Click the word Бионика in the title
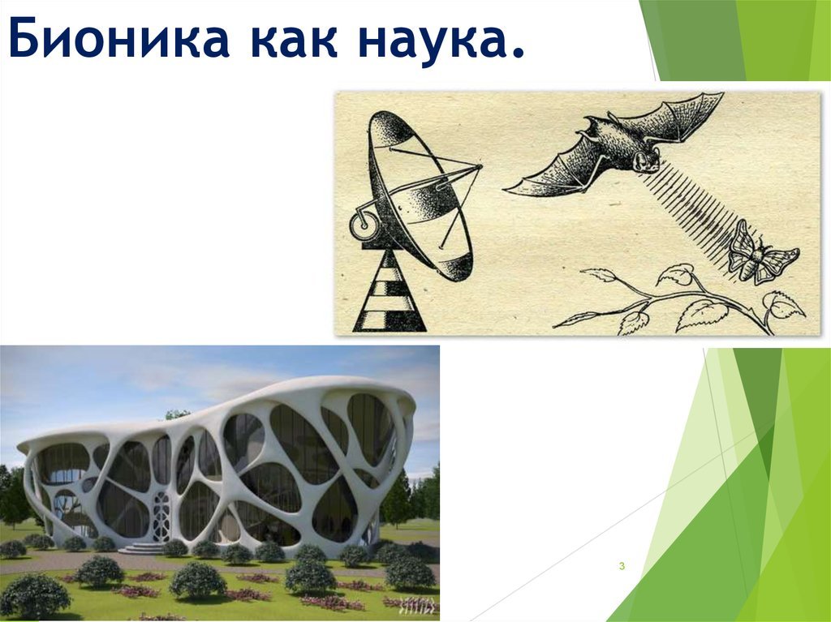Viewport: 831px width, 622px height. [118, 38]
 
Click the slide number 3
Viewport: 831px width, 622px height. [622, 566]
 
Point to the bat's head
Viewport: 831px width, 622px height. [645, 159]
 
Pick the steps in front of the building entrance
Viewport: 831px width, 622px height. [140, 548]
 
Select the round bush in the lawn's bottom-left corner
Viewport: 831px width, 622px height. [34, 596]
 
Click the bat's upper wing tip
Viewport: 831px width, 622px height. [721, 94]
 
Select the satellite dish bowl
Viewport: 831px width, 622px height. [419, 196]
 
